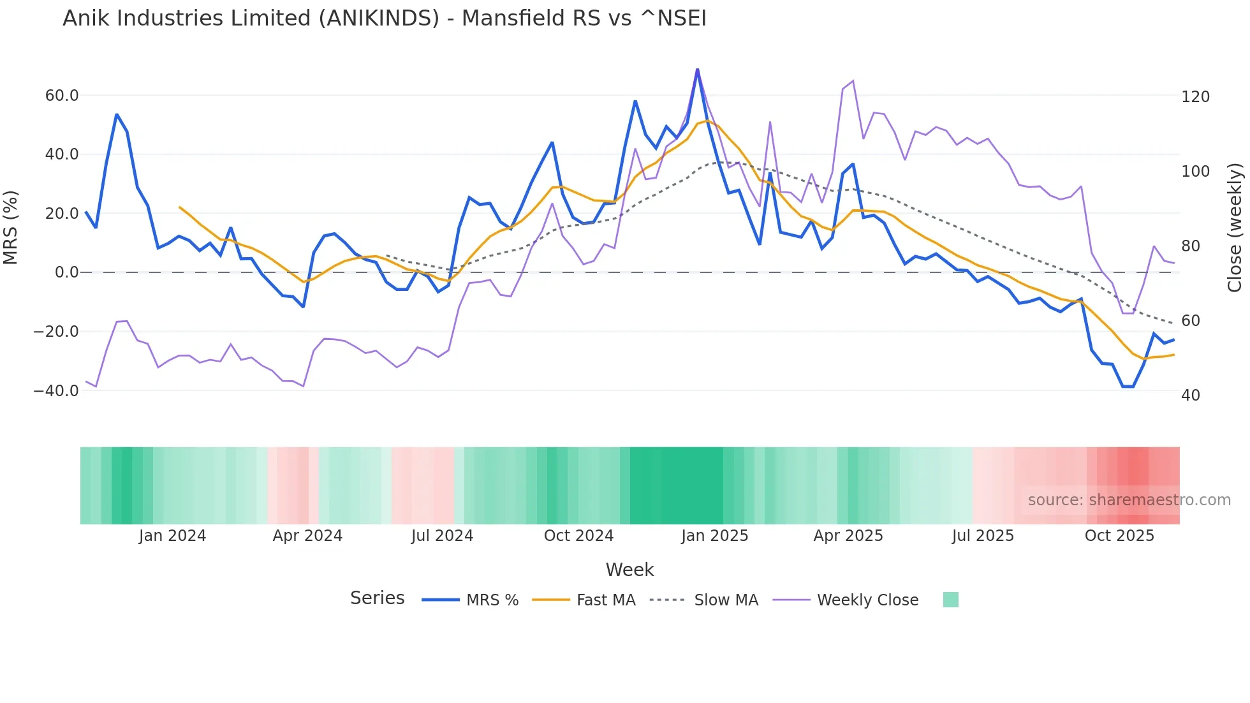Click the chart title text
[x=384, y=18]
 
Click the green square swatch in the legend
[x=950, y=600]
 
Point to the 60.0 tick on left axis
[x=62, y=96]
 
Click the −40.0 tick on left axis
[x=56, y=390]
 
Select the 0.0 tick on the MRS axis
[x=67, y=272]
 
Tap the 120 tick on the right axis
[x=1195, y=97]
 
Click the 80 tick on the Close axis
[x=1191, y=246]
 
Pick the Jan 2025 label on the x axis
[x=714, y=536]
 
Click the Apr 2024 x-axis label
[x=307, y=536]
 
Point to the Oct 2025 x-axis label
[x=1119, y=536]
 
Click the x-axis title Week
[x=629, y=570]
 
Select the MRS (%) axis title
[x=11, y=227]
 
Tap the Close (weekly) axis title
[x=1235, y=227]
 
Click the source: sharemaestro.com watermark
[x=1129, y=500]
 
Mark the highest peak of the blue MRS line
[x=697, y=70]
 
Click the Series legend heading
[x=377, y=598]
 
